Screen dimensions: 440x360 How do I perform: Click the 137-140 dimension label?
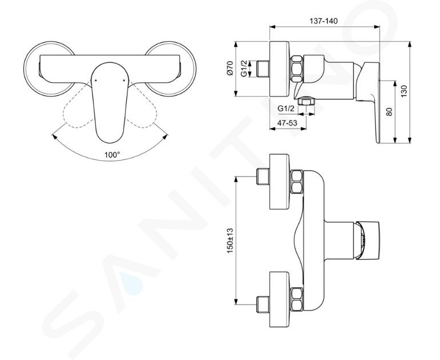click(323, 21)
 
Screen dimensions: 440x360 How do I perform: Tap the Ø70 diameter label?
click(230, 68)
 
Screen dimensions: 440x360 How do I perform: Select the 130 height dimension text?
click(403, 91)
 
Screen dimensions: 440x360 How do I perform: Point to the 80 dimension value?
click(389, 112)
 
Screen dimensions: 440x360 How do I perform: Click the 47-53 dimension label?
click(287, 123)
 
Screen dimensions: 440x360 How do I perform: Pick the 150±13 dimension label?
click(230, 241)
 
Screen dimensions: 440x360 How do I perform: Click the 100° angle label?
click(112, 155)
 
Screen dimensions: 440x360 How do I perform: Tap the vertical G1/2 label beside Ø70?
click(244, 69)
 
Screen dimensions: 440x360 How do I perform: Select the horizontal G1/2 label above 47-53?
click(286, 109)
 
